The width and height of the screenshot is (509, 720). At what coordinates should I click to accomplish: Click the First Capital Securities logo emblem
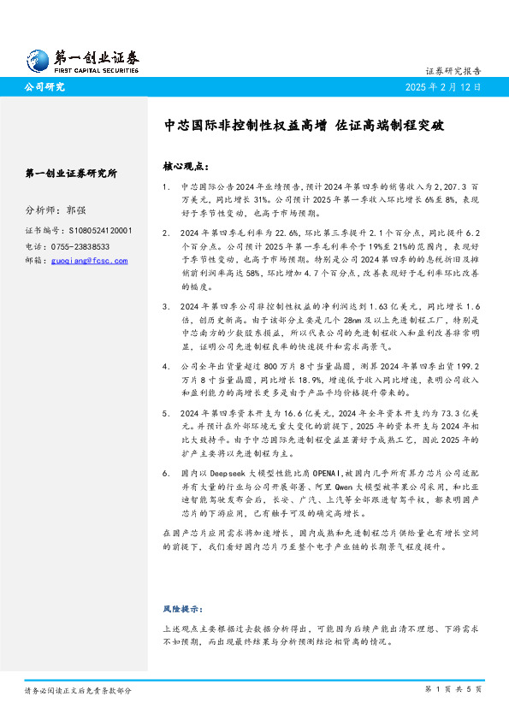[36, 59]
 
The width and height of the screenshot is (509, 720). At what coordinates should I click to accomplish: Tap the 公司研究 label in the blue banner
[44, 87]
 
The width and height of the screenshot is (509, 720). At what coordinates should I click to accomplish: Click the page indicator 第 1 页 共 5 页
[453, 689]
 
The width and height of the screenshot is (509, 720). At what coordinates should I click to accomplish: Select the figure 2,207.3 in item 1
[443, 185]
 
